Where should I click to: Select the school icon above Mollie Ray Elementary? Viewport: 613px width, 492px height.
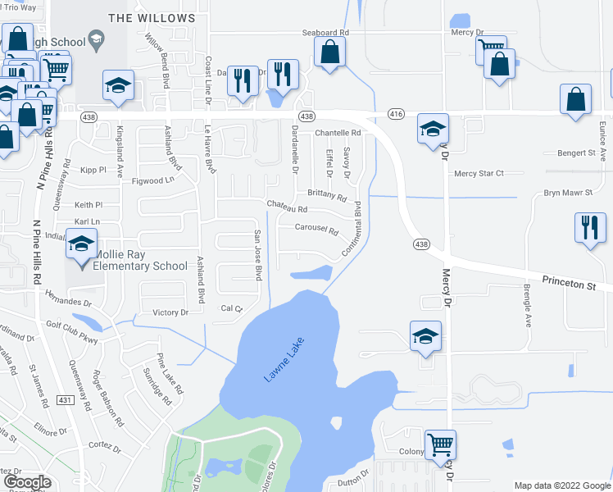point(82,245)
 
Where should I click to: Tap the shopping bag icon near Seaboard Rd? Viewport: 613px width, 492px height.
point(329,53)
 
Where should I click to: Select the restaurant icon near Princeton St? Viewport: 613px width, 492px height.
point(590,228)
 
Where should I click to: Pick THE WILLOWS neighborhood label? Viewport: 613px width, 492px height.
point(152,17)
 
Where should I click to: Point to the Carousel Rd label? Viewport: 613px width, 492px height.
point(316,230)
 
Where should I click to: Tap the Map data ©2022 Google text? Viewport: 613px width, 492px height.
point(561,485)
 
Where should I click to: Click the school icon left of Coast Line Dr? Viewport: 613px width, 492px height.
point(118,84)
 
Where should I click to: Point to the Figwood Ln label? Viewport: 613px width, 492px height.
point(153,180)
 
